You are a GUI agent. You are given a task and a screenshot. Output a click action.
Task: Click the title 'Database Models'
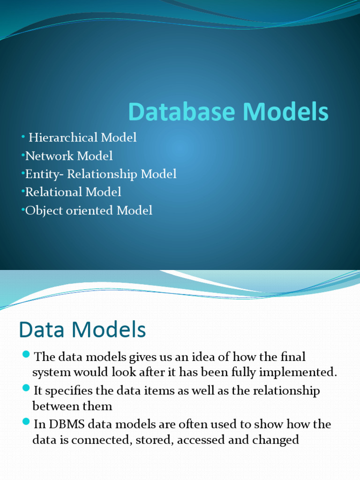point(228,112)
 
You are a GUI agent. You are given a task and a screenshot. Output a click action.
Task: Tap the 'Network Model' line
point(69,156)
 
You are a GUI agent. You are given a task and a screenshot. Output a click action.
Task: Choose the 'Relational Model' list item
point(73,192)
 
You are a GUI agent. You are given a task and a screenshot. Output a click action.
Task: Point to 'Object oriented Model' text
point(89,210)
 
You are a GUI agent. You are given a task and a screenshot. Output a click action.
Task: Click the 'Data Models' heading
point(82,330)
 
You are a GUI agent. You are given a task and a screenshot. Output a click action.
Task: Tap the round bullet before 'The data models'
point(26,354)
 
